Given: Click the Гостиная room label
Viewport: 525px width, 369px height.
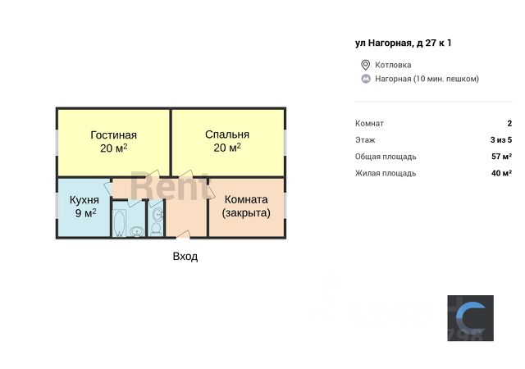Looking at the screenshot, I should click(x=113, y=135).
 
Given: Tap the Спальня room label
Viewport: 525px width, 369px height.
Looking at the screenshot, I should click(x=227, y=135).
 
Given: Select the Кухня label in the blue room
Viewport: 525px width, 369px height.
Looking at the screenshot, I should click(x=84, y=199).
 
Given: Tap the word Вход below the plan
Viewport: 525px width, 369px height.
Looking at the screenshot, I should click(x=185, y=256).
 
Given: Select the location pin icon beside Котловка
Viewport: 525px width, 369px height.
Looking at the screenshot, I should click(x=366, y=65).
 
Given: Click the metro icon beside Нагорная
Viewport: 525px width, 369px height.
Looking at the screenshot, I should click(x=366, y=79).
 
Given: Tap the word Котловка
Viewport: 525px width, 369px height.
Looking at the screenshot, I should click(x=393, y=65).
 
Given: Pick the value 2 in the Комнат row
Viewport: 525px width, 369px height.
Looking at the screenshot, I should click(x=509, y=123).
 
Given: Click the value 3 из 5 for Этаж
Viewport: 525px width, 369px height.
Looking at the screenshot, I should click(x=501, y=140).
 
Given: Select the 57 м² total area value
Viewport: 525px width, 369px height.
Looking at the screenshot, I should click(x=501, y=157).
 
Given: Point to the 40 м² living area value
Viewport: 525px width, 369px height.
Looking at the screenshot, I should click(x=501, y=173).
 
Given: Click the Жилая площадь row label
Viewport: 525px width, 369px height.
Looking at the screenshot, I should click(x=386, y=173).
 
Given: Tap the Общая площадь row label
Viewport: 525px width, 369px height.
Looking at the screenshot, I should click(x=386, y=157).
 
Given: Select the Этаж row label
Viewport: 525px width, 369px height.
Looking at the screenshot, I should click(x=365, y=140).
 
